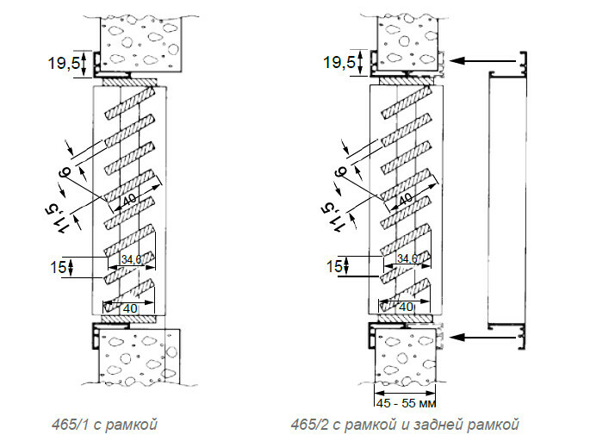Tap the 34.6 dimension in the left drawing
tap(131, 258)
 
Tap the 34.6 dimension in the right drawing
tap(406, 258)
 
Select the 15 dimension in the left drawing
tap(58, 267)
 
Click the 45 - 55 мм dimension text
tap(405, 401)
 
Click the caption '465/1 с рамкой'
tap(102, 424)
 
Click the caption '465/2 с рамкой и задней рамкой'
tap(406, 424)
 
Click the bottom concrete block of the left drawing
tap(137, 357)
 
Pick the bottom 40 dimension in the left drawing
tap(129, 307)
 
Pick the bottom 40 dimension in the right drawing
tap(404, 307)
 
